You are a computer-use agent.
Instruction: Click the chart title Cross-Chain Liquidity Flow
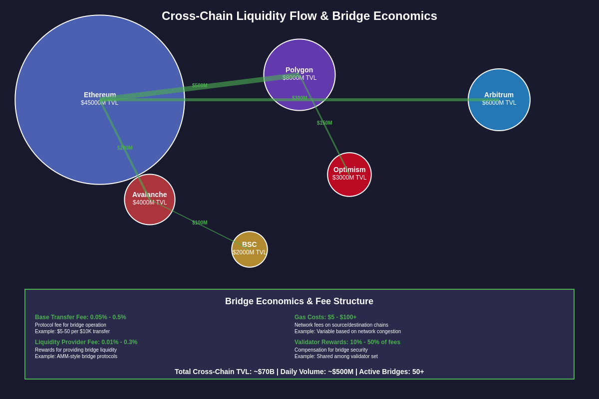pyautogui.click(x=299, y=16)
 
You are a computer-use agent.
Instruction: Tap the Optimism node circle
pyautogui.click(x=349, y=186)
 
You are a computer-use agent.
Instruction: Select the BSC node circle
pyautogui.click(x=250, y=259)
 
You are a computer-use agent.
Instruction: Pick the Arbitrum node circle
pyautogui.click(x=499, y=117)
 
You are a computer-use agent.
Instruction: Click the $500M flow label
pyautogui.click(x=200, y=86)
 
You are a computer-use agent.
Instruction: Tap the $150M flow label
pyautogui.click(x=324, y=123)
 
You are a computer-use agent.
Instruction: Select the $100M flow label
pyautogui.click(x=200, y=223)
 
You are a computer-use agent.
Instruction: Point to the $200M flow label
pyautogui.click(x=125, y=148)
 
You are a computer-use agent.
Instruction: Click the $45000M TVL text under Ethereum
pyautogui.click(x=100, y=103)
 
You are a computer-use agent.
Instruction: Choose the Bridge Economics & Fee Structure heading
pyautogui.click(x=299, y=301)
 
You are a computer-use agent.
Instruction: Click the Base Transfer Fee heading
pyautogui.click(x=80, y=317)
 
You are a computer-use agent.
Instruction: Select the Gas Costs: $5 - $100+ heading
pyautogui.click(x=325, y=317)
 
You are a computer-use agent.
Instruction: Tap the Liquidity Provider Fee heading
pyautogui.click(x=86, y=342)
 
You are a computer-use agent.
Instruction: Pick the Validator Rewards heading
pyautogui.click(x=347, y=342)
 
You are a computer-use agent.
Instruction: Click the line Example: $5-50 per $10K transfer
pyautogui.click(x=72, y=332)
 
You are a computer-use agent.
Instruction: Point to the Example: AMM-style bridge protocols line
pyautogui.click(x=76, y=357)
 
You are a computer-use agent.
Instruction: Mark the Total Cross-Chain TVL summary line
pyautogui.click(x=299, y=372)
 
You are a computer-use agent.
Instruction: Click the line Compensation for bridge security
pyautogui.click(x=331, y=350)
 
